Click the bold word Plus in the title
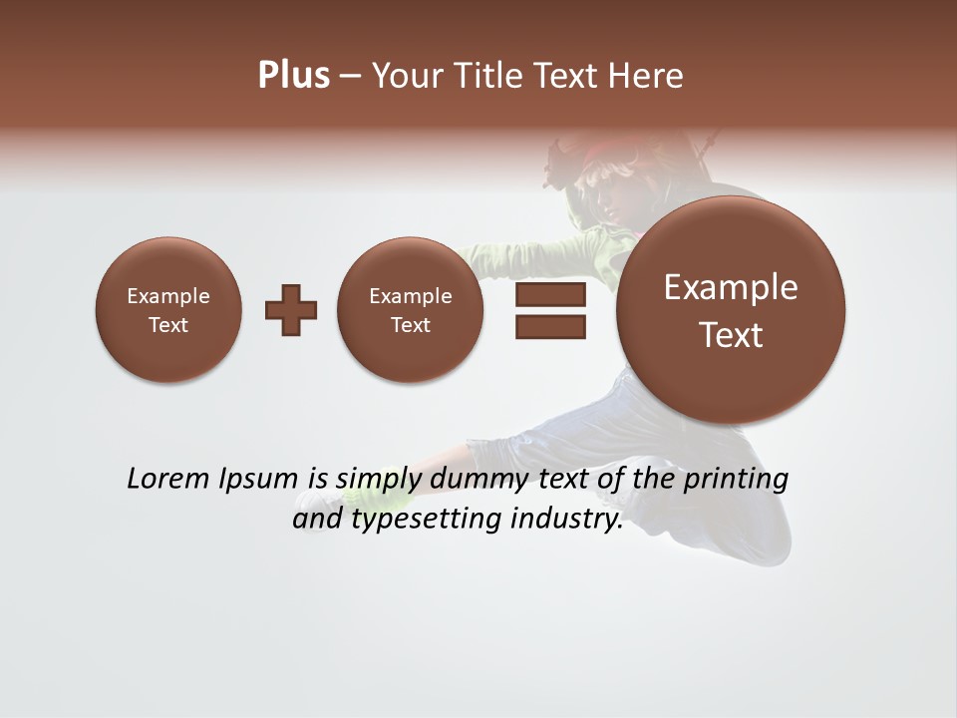click(293, 76)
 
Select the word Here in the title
click(649, 76)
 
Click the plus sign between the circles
click(291, 309)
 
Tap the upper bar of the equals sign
click(550, 294)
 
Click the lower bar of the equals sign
click(550, 326)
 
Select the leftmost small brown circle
click(168, 309)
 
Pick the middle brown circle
click(411, 309)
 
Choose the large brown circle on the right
click(731, 309)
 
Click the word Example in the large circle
click(731, 287)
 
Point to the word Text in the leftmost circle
click(168, 325)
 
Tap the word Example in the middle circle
click(411, 296)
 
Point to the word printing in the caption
click(735, 479)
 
